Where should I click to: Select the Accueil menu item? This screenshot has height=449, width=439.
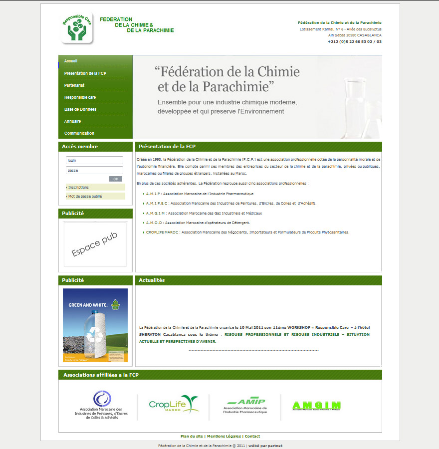[x=71, y=61]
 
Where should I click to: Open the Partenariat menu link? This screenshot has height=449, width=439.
[x=74, y=85]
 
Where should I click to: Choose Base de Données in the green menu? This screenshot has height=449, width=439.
[x=80, y=109]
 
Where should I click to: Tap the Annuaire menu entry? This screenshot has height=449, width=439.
[x=72, y=121]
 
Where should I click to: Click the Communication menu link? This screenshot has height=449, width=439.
[x=79, y=133]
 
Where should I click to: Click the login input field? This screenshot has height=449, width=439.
[x=94, y=160]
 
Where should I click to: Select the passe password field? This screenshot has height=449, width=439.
[x=94, y=170]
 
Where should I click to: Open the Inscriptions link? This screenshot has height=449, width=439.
[x=79, y=187]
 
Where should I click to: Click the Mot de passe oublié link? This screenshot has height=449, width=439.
[x=85, y=197]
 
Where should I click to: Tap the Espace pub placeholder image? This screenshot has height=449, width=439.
[x=95, y=244]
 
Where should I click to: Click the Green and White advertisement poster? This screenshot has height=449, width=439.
[x=95, y=325]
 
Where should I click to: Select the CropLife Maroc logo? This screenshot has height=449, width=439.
[x=174, y=404]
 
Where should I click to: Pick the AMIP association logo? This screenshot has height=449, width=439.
[x=245, y=405]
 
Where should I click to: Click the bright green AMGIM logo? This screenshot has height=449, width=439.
[x=316, y=406]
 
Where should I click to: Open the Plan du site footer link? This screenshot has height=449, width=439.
[x=192, y=436]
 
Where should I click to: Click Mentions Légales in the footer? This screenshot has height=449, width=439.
[x=224, y=436]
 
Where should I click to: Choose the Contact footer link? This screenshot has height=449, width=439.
[x=252, y=436]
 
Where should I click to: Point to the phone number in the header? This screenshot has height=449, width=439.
[x=355, y=41]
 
